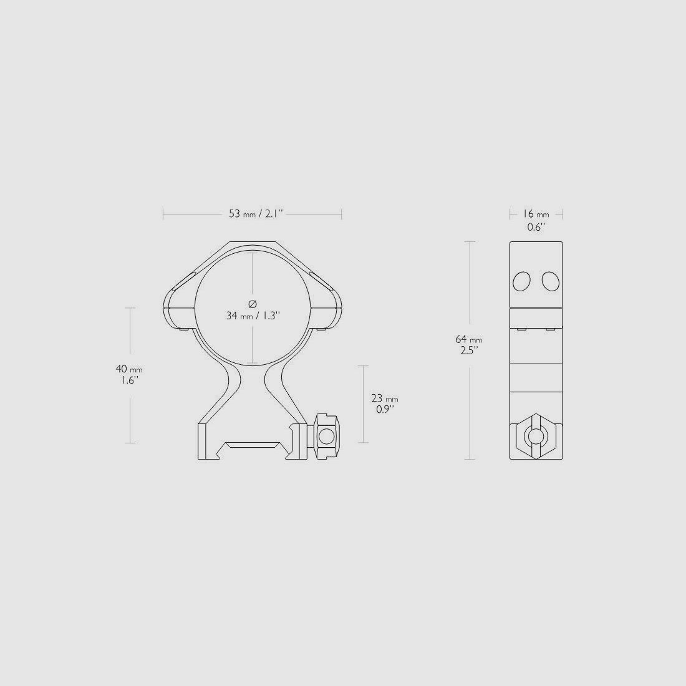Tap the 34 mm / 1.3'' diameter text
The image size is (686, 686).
click(x=253, y=316)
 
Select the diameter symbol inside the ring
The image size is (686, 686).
click(x=252, y=304)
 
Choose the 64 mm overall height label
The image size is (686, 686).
click(x=468, y=339)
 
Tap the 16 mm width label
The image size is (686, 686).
click(x=535, y=214)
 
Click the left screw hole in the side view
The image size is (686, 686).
click(x=521, y=282)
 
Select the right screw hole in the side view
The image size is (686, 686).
click(x=550, y=281)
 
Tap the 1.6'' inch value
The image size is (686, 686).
click(x=130, y=380)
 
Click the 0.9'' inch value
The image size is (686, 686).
click(x=384, y=410)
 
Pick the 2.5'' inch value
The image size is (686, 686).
click(x=468, y=350)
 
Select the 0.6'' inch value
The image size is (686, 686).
click(x=536, y=227)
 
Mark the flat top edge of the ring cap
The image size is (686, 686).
click(x=252, y=242)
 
